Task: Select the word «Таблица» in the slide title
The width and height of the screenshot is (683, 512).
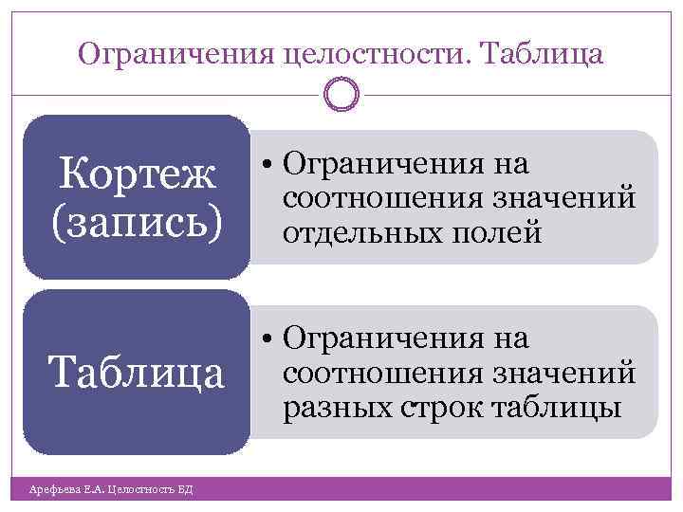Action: point(544,56)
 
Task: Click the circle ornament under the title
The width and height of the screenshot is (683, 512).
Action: point(341,93)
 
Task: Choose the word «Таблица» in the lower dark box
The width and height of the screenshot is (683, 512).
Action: point(138,373)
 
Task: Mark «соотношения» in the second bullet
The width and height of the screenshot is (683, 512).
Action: point(380,374)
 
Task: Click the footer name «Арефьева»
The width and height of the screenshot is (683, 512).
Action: point(50,489)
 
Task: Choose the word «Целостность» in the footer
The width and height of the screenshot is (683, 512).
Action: point(140,489)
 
